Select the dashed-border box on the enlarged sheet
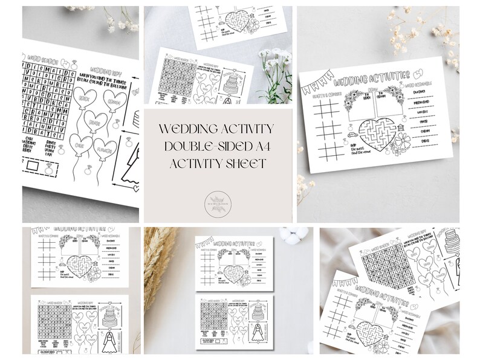[39, 164]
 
